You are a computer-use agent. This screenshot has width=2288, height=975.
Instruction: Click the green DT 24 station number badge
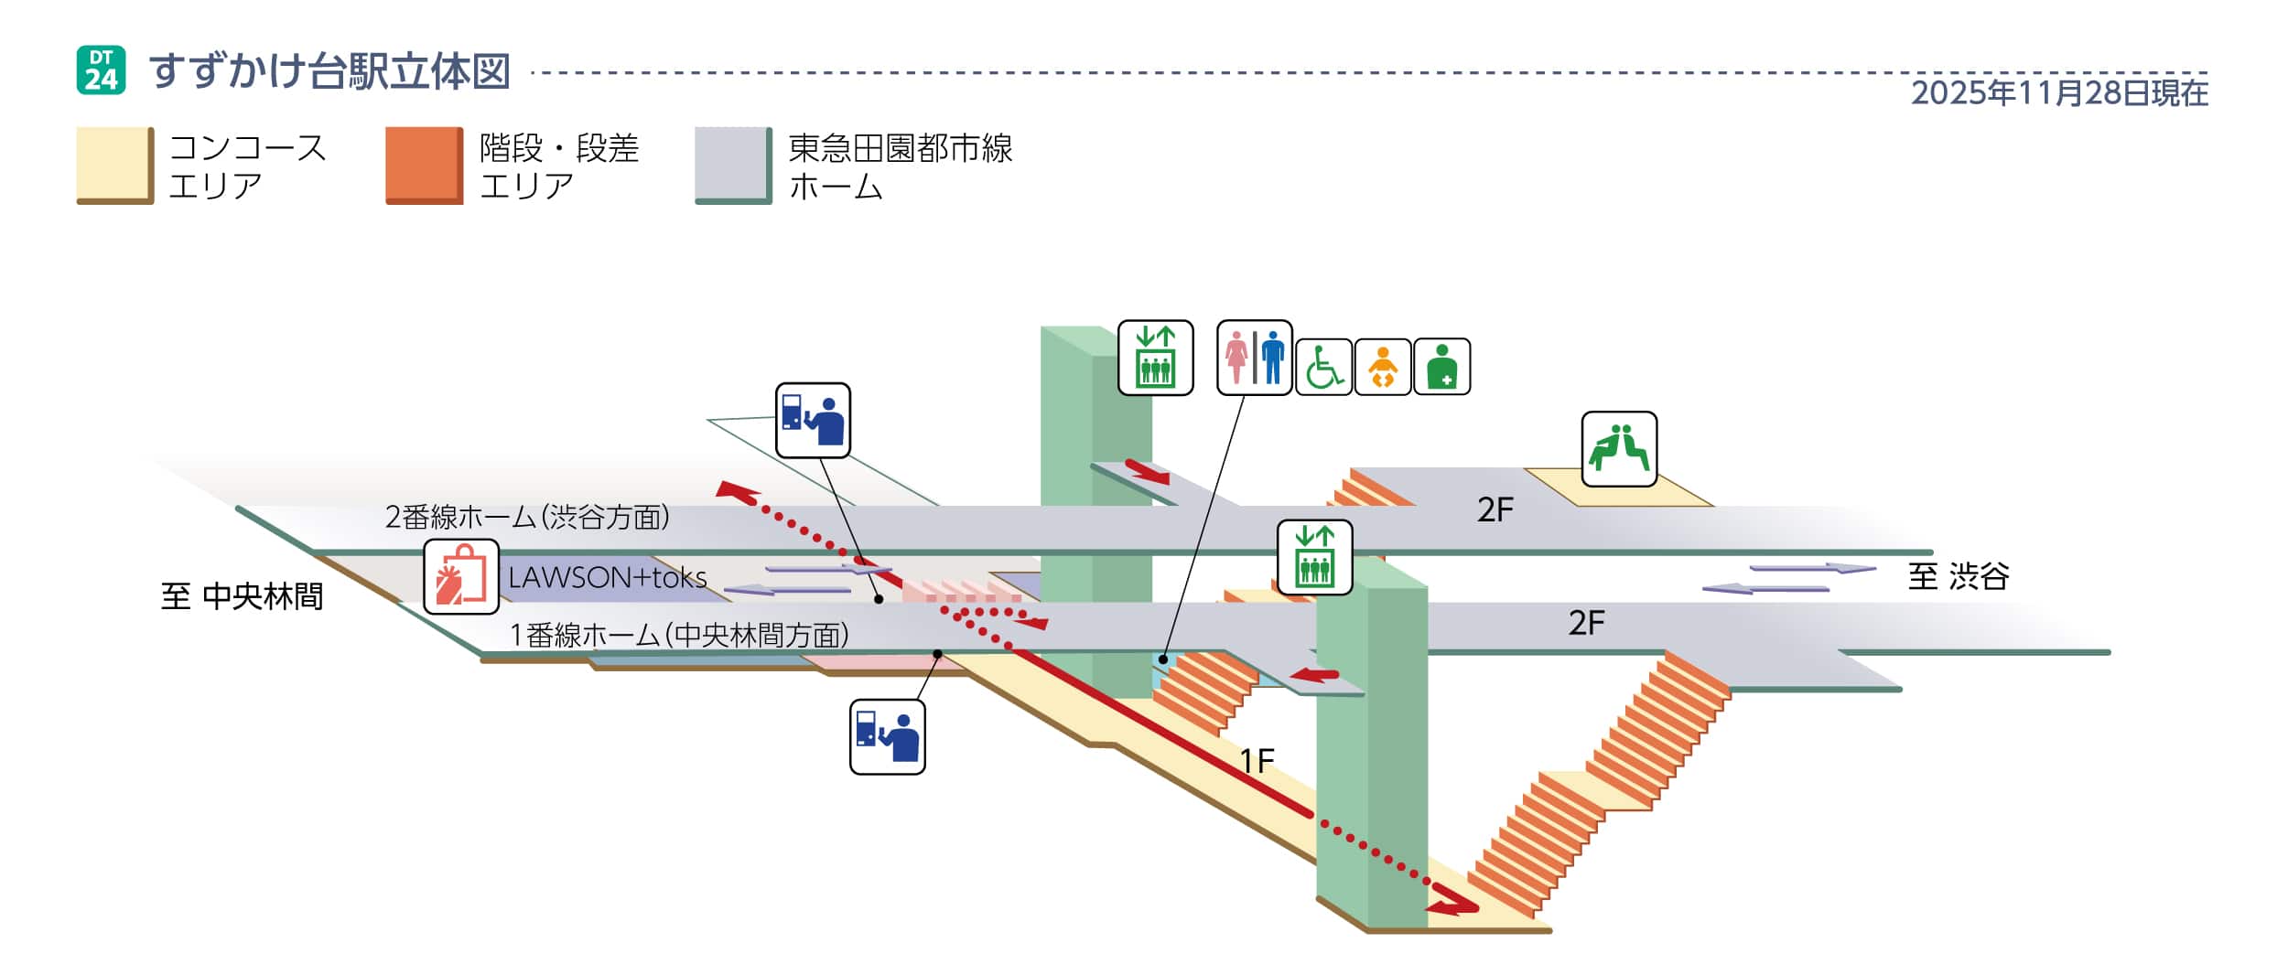101,70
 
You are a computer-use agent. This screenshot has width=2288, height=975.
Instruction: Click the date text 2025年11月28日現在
2059,92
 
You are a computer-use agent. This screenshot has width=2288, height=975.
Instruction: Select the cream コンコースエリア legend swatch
114,165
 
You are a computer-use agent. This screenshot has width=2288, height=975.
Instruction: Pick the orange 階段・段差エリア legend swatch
424,165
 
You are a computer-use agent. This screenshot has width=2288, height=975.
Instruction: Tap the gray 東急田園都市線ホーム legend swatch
733,165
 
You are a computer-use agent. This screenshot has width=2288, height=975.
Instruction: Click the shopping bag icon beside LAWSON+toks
461,576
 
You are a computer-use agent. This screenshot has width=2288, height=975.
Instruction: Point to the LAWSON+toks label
608,577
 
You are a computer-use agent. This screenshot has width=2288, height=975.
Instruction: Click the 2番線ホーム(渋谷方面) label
527,518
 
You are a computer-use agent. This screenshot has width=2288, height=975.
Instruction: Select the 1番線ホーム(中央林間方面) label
678,634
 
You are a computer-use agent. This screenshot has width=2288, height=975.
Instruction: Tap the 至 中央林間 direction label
242,596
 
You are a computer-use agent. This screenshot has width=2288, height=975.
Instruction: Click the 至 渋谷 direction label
1958,576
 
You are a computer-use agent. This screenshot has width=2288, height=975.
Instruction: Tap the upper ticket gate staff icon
813,420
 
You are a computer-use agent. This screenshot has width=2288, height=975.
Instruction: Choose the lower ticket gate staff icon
887,736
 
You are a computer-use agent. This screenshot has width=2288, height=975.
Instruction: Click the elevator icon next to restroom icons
1155,358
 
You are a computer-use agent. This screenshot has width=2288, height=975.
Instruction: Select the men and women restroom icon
1254,358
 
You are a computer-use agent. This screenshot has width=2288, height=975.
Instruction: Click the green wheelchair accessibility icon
1323,367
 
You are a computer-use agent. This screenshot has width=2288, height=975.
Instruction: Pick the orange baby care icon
1383,367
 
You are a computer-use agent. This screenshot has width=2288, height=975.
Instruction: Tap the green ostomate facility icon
1441,367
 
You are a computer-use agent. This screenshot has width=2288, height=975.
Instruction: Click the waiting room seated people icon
1619,449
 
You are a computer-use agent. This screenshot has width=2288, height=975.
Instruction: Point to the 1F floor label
1257,761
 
